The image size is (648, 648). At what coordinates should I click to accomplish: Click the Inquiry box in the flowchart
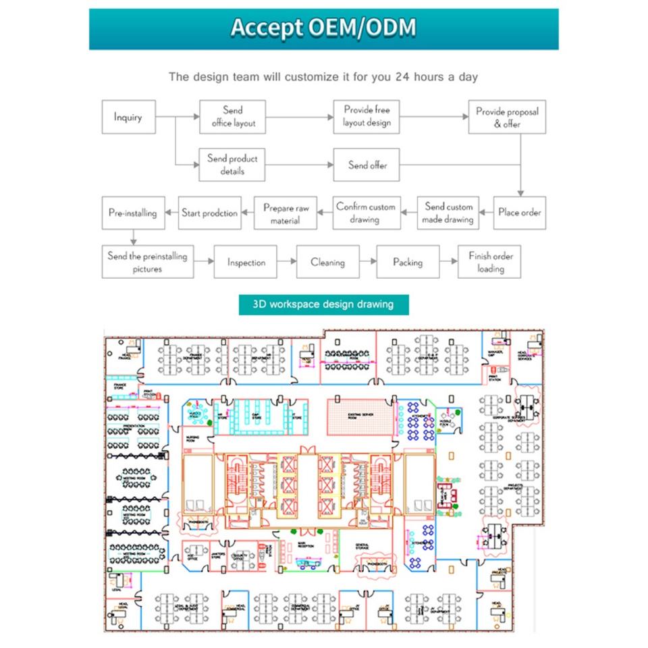pos(128,117)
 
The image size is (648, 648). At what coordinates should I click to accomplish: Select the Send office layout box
pos(232,117)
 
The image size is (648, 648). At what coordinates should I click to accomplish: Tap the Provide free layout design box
pos(367,117)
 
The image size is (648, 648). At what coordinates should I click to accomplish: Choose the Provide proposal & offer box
pos(507,117)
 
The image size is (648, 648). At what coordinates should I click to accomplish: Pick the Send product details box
pos(232,165)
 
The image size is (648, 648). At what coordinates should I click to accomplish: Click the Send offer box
pos(367,165)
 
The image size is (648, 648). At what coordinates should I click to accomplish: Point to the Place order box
pos(519,213)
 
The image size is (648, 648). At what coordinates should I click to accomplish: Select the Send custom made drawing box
pos(448,213)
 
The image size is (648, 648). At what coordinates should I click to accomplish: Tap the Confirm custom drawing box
pos(366,213)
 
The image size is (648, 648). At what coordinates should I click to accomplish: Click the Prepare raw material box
pos(286,213)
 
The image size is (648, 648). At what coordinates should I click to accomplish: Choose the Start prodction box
pos(209,213)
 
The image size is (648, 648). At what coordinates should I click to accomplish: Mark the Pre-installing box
pos(132,213)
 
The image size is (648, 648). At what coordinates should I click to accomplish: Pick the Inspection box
pos(246,262)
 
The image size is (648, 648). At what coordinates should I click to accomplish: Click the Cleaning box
pos(327,262)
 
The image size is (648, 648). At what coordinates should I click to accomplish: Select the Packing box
pos(408,262)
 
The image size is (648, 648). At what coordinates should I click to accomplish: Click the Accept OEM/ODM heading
pos(323,28)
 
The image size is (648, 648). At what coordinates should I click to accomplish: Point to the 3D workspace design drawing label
pos(323,304)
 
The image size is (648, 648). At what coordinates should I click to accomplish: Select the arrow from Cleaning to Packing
pos(367,262)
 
